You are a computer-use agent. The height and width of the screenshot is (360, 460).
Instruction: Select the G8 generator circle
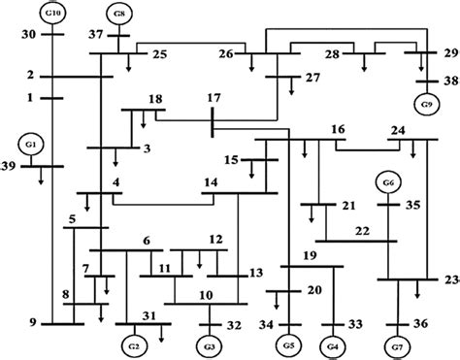click(118, 14)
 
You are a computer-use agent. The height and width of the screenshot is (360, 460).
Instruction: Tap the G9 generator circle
click(423, 102)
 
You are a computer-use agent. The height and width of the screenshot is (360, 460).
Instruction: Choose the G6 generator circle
click(388, 182)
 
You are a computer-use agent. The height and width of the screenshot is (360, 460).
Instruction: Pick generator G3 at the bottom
click(209, 346)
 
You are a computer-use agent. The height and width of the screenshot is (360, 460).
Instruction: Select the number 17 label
click(215, 99)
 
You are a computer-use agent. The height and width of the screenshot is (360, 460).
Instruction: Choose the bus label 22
click(362, 229)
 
